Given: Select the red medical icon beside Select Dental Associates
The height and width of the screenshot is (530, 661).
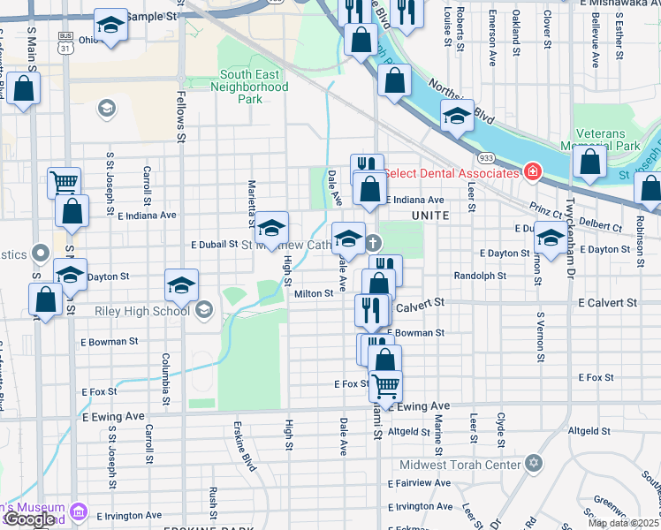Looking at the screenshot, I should tap(532, 170).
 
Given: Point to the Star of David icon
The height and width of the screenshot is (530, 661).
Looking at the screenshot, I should tap(532, 464).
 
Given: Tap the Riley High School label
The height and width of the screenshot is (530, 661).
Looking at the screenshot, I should tap(142, 310).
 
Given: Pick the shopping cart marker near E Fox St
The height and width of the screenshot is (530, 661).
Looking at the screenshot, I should tap(385, 385).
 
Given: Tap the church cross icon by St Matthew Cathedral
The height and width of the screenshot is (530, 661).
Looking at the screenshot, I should tap(373, 243).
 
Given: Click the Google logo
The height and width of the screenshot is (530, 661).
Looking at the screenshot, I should tap(28, 519).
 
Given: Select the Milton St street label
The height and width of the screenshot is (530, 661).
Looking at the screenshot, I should tap(314, 293).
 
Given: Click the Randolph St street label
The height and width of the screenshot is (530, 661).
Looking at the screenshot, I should tap(479, 276).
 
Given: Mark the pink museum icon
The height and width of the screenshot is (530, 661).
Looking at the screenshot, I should tap(79, 511).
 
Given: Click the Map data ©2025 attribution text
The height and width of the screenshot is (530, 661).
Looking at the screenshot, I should tap(624, 523).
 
